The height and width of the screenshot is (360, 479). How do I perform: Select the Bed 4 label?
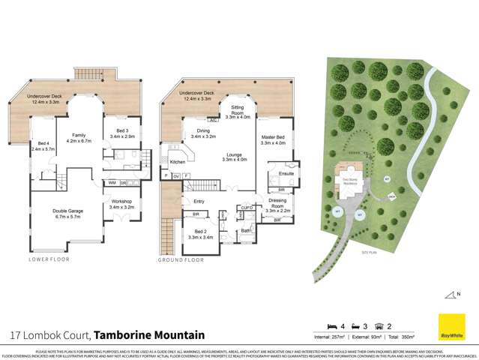[x=40, y=146]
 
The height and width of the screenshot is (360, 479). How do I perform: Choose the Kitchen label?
[x=178, y=162]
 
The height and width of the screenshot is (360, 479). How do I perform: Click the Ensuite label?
[x=286, y=174]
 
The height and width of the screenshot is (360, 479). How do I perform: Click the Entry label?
[x=199, y=202]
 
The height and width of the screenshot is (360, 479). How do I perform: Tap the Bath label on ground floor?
[x=246, y=231]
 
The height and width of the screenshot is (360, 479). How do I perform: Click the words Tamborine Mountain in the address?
[x=150, y=334]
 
